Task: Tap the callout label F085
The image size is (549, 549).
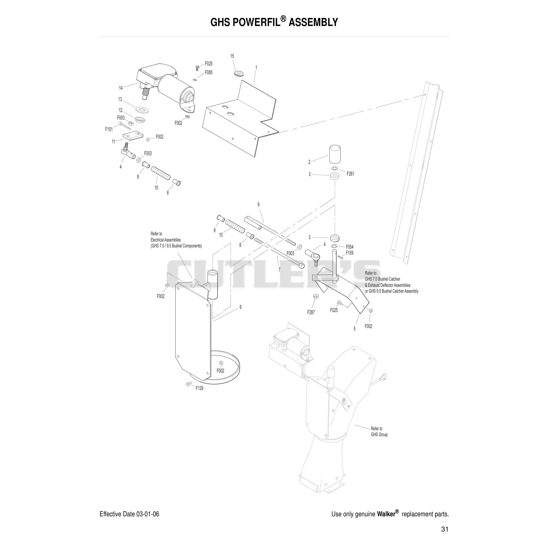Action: pyautogui.click(x=209, y=72)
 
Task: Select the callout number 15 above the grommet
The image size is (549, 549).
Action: pyautogui.click(x=232, y=56)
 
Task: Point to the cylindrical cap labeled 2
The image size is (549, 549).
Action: pyautogui.click(x=335, y=154)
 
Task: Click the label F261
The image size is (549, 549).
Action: pyautogui.click(x=350, y=174)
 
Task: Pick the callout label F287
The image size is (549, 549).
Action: pyautogui.click(x=311, y=312)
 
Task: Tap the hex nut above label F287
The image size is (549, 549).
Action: pyautogui.click(x=315, y=296)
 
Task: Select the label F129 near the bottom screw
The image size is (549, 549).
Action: pyautogui.click(x=199, y=388)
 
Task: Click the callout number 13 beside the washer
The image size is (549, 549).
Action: pyautogui.click(x=120, y=99)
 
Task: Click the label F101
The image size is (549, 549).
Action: pyautogui.click(x=109, y=129)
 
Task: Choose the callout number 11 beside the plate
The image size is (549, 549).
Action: pyautogui.click(x=113, y=142)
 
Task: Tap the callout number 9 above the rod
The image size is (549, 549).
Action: pyautogui.click(x=258, y=205)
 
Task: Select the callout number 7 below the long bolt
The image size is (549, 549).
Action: pyautogui.click(x=279, y=270)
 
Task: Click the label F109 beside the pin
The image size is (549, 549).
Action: pyautogui.click(x=350, y=253)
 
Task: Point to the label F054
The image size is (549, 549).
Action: pyautogui.click(x=350, y=247)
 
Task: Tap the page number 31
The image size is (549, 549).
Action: pyautogui.click(x=445, y=529)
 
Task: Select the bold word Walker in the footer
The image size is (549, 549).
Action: pyautogui.click(x=386, y=514)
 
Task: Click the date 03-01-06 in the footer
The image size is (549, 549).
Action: pyautogui.click(x=148, y=514)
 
